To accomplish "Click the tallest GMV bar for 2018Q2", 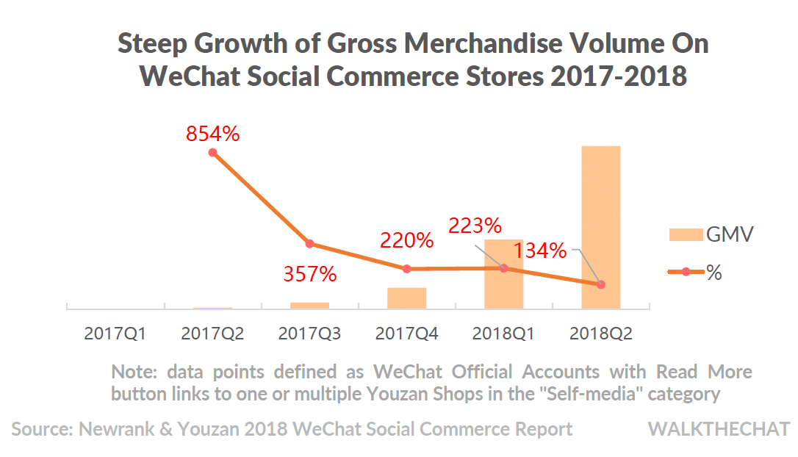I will pyautogui.click(x=601, y=227).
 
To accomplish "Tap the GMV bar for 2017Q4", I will pyautogui.click(x=407, y=298).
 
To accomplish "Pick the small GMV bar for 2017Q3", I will pyautogui.click(x=309, y=305).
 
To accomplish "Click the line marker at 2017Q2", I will pyautogui.click(x=212, y=153).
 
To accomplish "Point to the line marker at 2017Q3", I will pyautogui.click(x=309, y=244).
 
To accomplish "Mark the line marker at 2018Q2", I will pyautogui.click(x=601, y=284).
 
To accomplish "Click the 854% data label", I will pyautogui.click(x=213, y=134).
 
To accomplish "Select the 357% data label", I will pyautogui.click(x=310, y=275).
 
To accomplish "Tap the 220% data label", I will pyautogui.click(x=407, y=240).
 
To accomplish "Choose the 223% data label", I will pyautogui.click(x=475, y=226).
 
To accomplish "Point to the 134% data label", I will pyautogui.click(x=540, y=251).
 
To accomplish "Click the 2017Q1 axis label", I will pyautogui.click(x=115, y=334).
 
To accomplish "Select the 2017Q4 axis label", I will pyautogui.click(x=407, y=334).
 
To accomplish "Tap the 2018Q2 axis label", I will pyautogui.click(x=601, y=334).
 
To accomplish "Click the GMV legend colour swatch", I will pyautogui.click(x=685, y=235).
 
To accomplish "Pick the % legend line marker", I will pyautogui.click(x=686, y=272).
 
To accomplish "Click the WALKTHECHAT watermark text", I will pyautogui.click(x=719, y=429).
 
